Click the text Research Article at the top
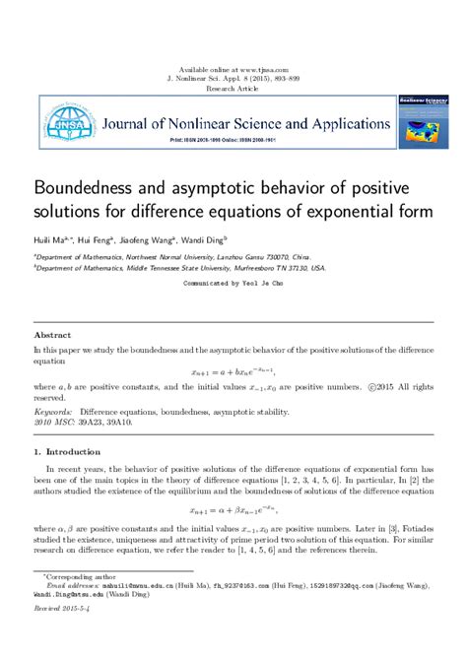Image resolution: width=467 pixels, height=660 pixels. pyautogui.click(x=233, y=88)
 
